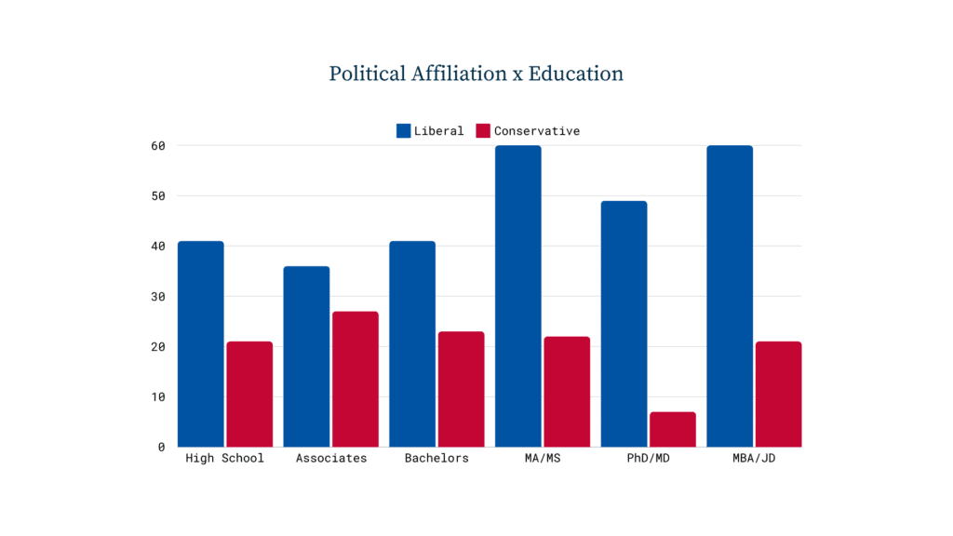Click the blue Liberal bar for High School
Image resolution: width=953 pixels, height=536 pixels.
point(201,344)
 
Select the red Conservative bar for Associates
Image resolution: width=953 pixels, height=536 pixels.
point(356,380)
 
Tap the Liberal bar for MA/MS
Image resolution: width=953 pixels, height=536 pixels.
point(517,297)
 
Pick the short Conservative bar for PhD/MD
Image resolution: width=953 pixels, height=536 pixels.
point(673,430)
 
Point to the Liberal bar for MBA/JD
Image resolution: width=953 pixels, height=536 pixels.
point(730,297)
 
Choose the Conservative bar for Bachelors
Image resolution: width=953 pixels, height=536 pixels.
point(462,390)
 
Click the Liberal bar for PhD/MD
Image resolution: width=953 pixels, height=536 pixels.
point(624,324)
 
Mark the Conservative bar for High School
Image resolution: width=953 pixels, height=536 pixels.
point(249,395)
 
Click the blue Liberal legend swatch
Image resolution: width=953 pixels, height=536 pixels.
point(404,130)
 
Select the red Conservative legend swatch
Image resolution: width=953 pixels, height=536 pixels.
point(483,130)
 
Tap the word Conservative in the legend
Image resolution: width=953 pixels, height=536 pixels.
point(537,130)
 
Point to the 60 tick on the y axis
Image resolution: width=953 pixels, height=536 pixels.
point(158,146)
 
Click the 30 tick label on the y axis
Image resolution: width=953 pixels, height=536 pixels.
point(158,297)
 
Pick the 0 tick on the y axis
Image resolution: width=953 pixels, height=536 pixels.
point(161,448)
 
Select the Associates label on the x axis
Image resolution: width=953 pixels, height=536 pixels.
point(331,458)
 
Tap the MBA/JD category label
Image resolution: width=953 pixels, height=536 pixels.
point(754,458)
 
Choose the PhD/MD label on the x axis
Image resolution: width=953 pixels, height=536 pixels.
point(649,458)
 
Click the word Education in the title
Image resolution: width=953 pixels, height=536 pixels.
point(575,74)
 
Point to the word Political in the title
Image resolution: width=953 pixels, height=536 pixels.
point(368,74)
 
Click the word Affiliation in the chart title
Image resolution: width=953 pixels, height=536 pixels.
point(459,74)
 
